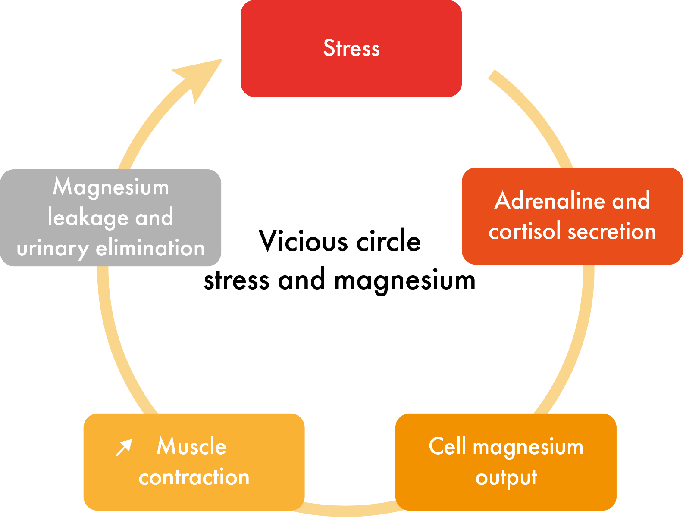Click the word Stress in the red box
[351, 48]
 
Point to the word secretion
[612, 232]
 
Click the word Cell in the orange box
[447, 446]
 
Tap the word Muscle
[191, 446]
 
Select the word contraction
[194, 477]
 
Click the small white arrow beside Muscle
[124, 448]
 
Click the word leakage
[86, 218]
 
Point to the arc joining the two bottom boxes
[349, 510]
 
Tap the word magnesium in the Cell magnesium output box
[528, 447]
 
